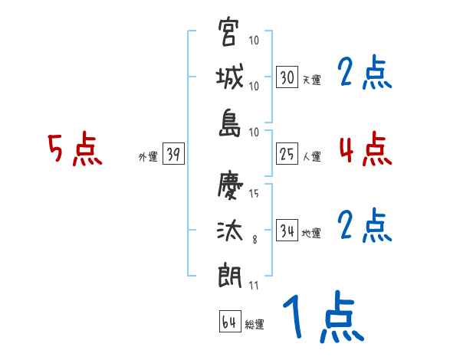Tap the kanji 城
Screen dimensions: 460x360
(x=228, y=78)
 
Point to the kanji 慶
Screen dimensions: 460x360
(x=228, y=185)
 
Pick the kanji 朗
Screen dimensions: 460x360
(x=228, y=275)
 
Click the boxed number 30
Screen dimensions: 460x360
(x=287, y=77)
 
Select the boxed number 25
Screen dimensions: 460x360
(x=287, y=155)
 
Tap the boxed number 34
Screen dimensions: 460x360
(x=287, y=231)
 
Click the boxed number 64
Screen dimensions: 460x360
(x=229, y=322)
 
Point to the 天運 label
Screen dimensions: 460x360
(x=311, y=80)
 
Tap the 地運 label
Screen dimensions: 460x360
(x=311, y=233)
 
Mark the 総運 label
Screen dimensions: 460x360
(x=255, y=325)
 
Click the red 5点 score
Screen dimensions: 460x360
(x=75, y=149)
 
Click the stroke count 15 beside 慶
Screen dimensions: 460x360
(x=254, y=193)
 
